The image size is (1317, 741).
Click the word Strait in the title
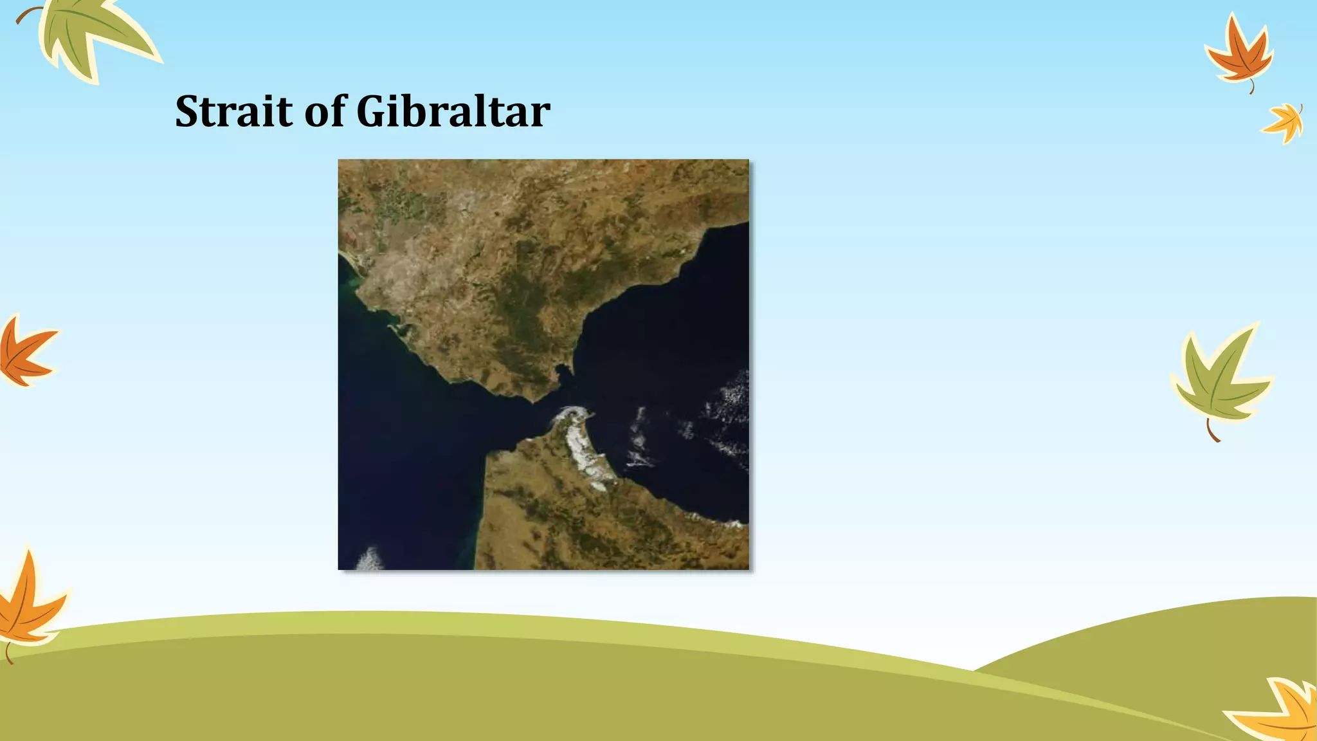(x=234, y=112)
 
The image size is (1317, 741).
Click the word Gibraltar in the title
(x=453, y=112)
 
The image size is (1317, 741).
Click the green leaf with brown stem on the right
(x=1219, y=380)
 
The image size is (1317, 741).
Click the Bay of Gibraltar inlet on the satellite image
(x=563, y=373)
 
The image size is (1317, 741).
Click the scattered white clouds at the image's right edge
(x=730, y=412)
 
